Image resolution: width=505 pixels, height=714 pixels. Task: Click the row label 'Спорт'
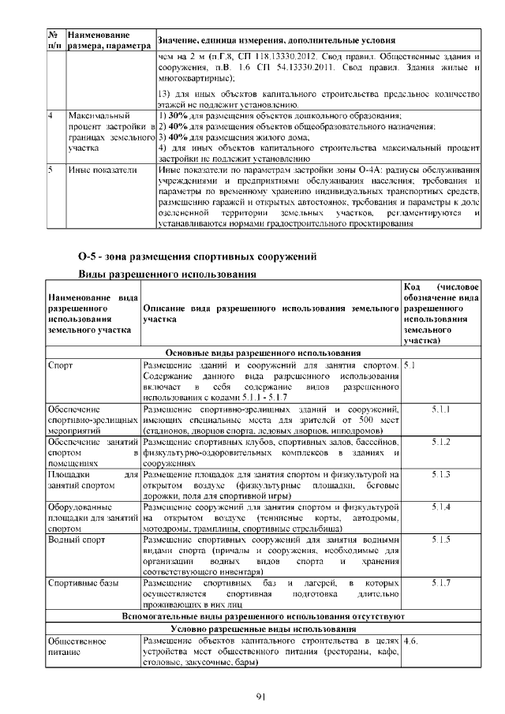[x=61, y=365]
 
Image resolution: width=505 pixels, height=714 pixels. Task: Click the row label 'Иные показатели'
[x=99, y=169]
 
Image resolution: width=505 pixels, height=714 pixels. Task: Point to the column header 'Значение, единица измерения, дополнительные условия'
[x=276, y=40]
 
